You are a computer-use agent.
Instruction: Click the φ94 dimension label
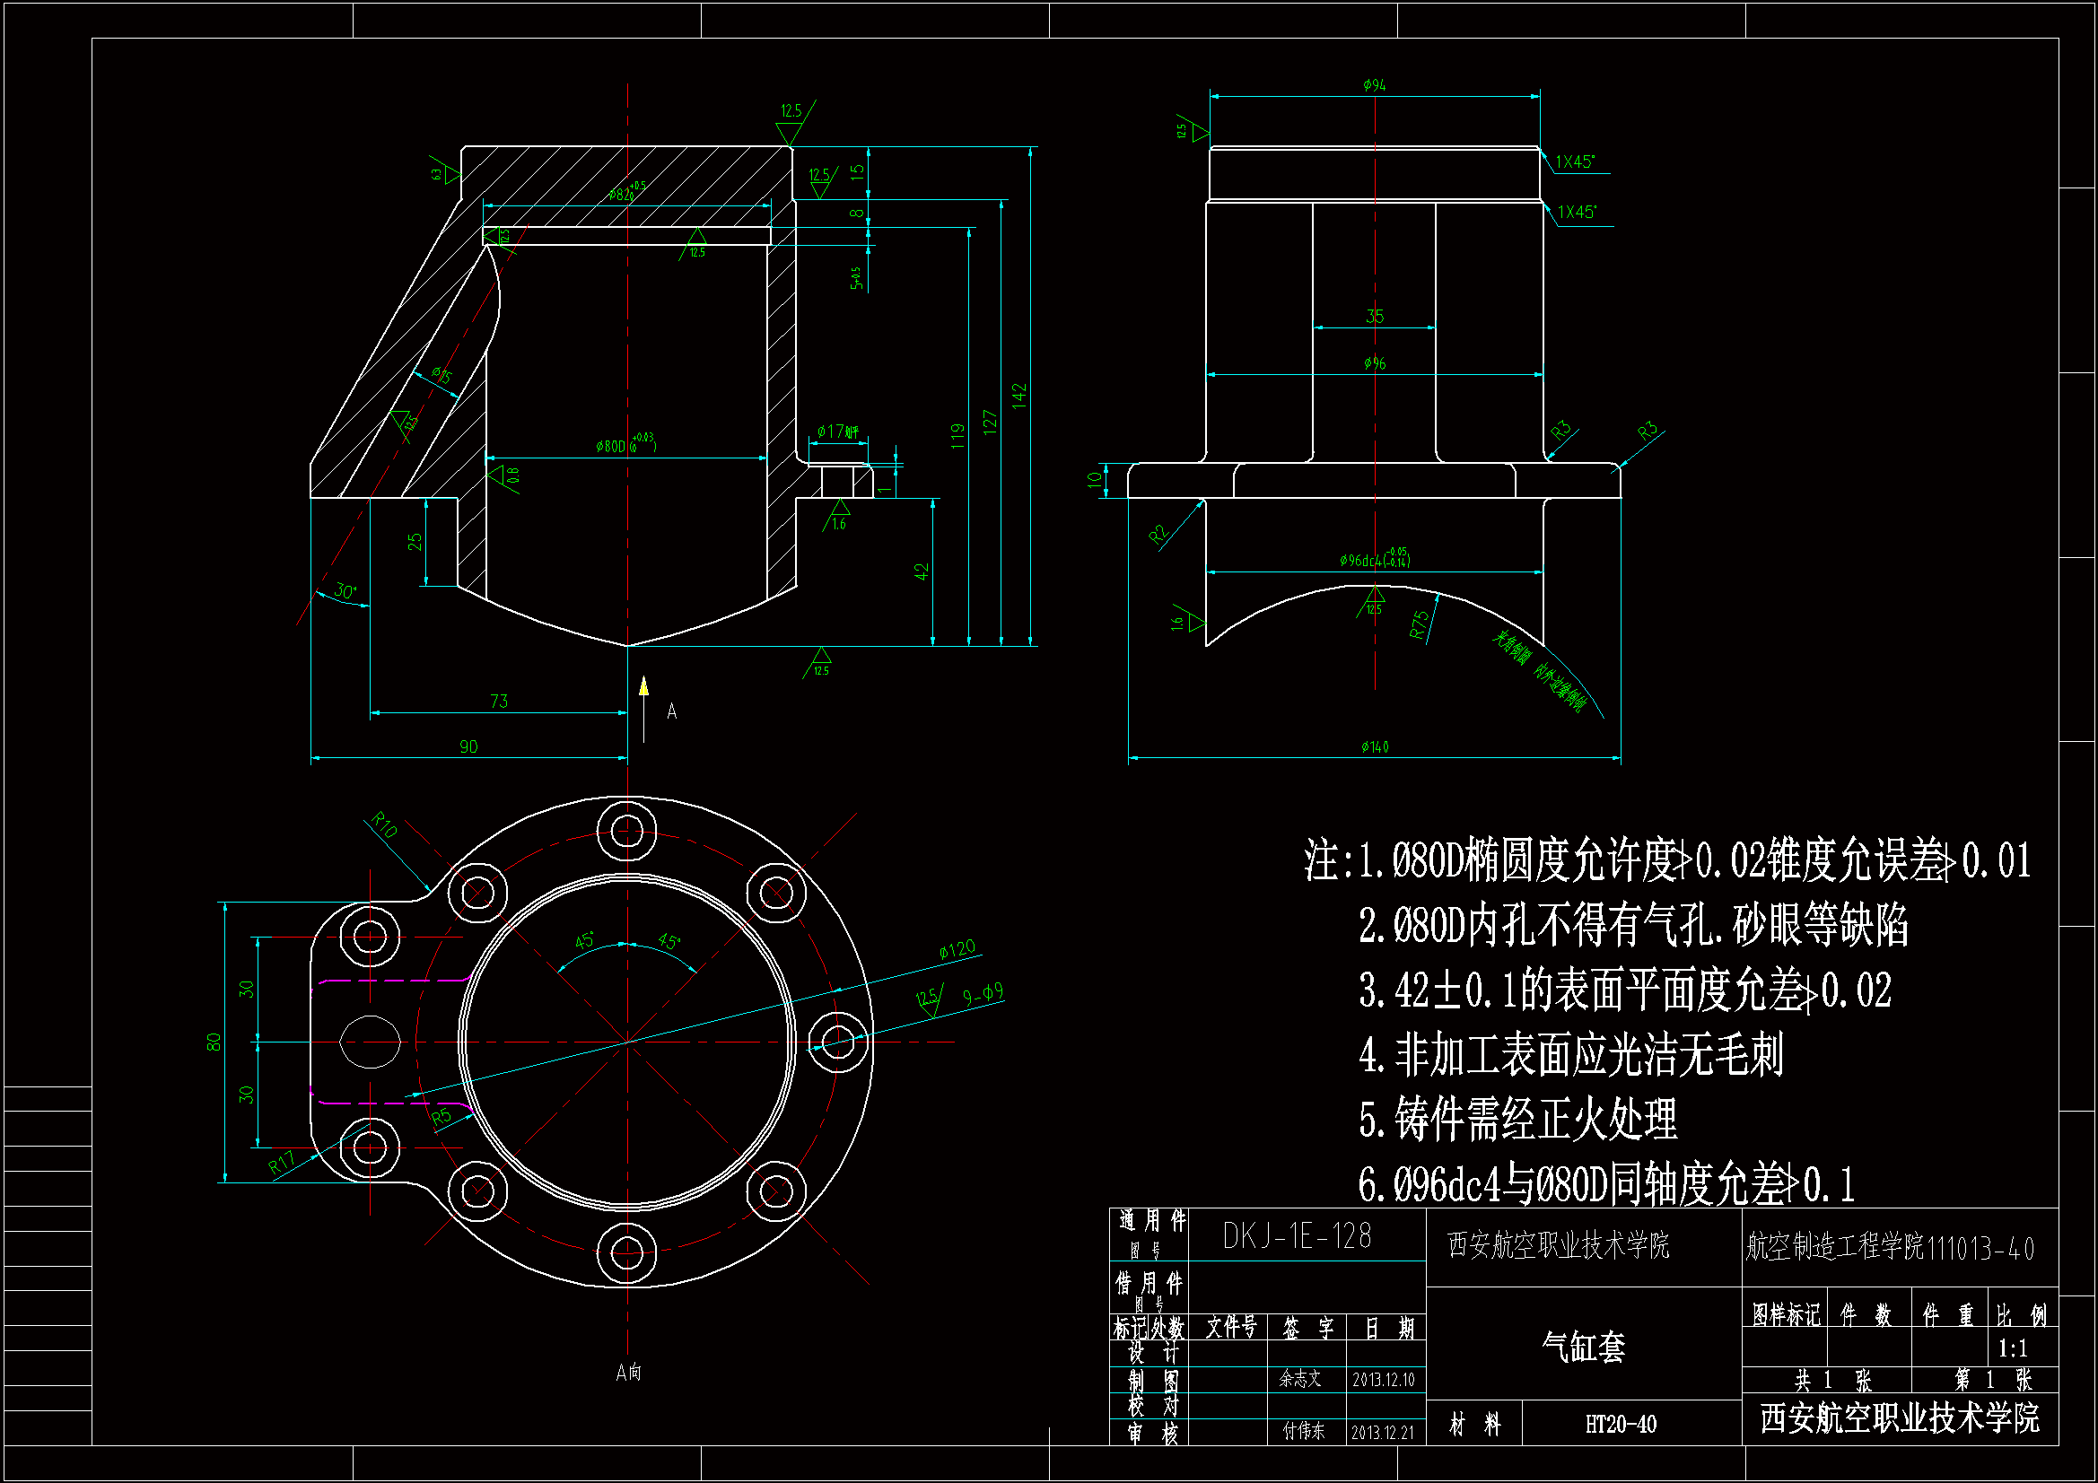[x=1375, y=85]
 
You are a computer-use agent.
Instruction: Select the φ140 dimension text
[x=1375, y=747]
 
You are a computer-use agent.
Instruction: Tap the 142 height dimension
[x=1019, y=396]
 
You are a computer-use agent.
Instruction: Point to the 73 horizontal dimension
[x=499, y=701]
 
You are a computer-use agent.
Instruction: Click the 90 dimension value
[x=468, y=746]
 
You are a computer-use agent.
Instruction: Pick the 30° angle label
[x=345, y=590]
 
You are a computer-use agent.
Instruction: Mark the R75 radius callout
[x=1419, y=624]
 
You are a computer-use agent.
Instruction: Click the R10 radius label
[x=385, y=824]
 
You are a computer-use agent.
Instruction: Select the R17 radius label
[x=282, y=1163]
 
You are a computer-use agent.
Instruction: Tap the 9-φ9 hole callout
[x=983, y=994]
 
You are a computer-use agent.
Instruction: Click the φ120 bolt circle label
[x=957, y=949]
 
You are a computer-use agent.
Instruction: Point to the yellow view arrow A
[x=644, y=687]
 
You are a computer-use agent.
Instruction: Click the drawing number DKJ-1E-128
[x=1297, y=1236]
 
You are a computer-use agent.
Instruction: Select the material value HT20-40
[x=1620, y=1424]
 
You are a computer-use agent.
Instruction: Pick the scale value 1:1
[x=2012, y=1348]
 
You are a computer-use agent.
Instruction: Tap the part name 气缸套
[x=1583, y=1347]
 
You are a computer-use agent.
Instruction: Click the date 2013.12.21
[x=1383, y=1432]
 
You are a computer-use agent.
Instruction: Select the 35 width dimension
[x=1375, y=316]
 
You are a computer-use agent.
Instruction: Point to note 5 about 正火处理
[x=1517, y=1120]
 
